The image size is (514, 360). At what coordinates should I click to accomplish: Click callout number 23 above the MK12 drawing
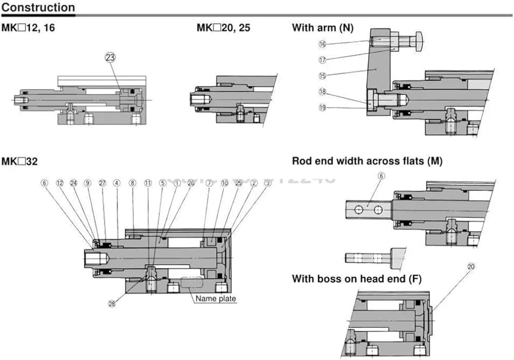(111, 57)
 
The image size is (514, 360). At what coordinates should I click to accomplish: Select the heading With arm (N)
(323, 28)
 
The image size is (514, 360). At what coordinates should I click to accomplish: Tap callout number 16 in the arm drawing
(323, 44)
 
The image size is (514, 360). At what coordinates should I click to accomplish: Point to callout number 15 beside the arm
(323, 75)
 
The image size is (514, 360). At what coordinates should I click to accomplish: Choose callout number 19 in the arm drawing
(323, 107)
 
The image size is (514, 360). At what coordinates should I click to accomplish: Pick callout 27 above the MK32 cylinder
(102, 183)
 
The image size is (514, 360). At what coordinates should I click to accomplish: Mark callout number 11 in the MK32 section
(148, 183)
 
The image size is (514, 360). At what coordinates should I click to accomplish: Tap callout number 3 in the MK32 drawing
(268, 183)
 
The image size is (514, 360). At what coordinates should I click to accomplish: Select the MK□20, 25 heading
(224, 28)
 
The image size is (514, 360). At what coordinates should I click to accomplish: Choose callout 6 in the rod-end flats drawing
(381, 176)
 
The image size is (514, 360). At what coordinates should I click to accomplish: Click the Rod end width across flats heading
(368, 161)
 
